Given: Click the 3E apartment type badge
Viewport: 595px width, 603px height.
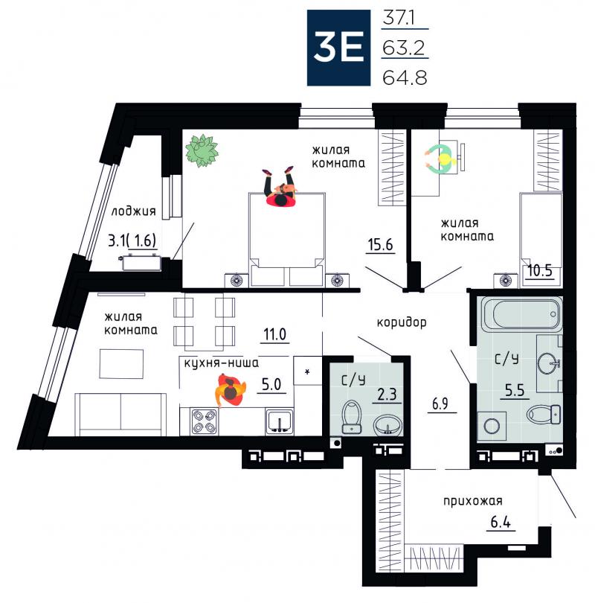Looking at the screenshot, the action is click(338, 48).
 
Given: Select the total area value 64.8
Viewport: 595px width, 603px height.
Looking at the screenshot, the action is click(405, 77).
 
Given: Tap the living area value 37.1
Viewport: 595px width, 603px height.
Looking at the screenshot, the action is click(399, 18).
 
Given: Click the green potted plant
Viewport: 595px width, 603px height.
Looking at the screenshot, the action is click(202, 150).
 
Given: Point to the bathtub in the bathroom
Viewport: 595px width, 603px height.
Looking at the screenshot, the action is click(521, 316).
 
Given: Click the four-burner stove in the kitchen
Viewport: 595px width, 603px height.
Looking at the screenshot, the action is click(204, 421).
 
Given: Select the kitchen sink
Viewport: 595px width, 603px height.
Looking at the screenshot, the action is click(279, 421).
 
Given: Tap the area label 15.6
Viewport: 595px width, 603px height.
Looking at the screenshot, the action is click(380, 245).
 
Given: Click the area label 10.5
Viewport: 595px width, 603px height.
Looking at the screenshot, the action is click(540, 270).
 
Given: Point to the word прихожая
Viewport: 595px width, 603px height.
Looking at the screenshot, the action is click(473, 501).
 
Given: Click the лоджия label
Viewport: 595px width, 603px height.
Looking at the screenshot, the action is click(133, 211).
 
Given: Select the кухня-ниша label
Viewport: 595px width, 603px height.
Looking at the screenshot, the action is click(221, 363).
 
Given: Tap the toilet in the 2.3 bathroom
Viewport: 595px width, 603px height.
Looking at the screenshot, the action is click(351, 416).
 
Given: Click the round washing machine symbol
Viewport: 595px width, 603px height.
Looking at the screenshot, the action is click(492, 426).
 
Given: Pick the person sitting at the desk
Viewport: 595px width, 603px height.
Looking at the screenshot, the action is click(441, 159).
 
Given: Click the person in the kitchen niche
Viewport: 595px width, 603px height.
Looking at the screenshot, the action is click(230, 390).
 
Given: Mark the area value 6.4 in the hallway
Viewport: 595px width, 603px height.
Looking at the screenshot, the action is click(501, 523).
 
